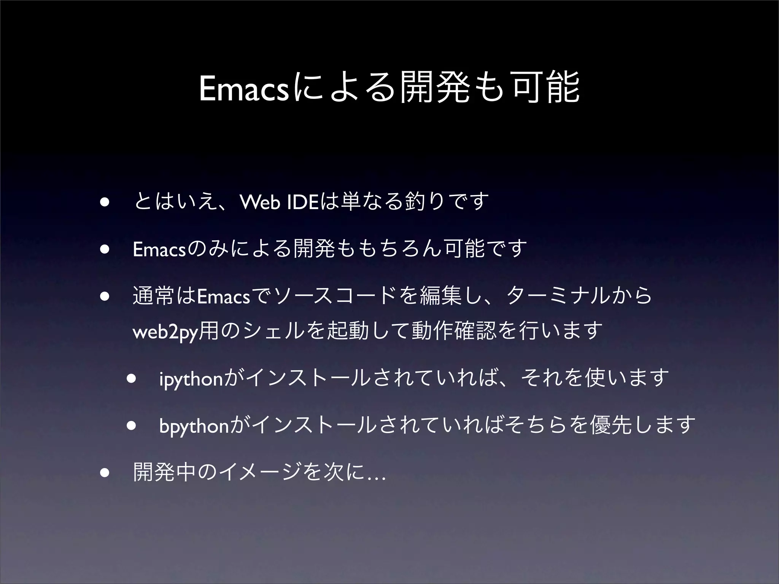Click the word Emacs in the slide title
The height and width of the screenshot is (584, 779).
pyautogui.click(x=244, y=89)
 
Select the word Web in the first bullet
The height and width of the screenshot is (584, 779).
pyautogui.click(x=261, y=202)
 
